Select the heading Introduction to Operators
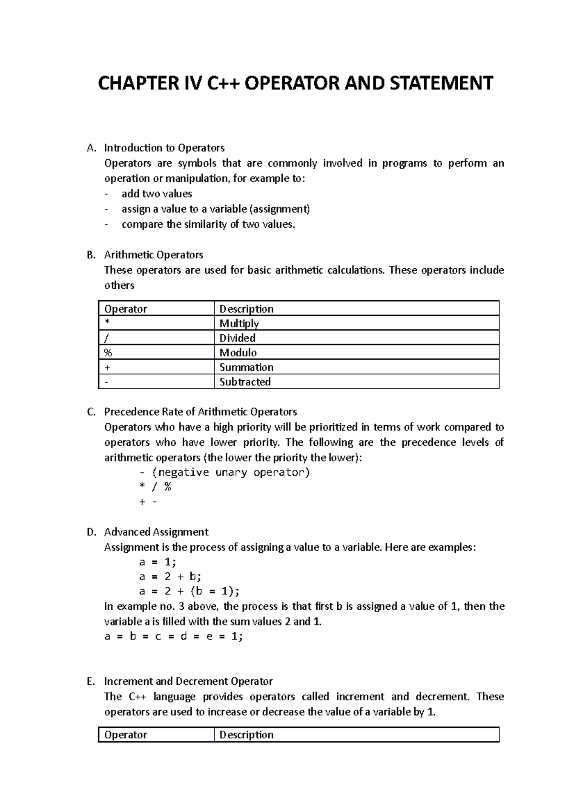(164, 148)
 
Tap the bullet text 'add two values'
(156, 194)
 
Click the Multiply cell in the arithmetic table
(239, 323)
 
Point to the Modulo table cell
(238, 352)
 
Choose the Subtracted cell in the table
(245, 382)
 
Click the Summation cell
(246, 367)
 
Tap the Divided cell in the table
(237, 338)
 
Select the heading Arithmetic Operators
(154, 255)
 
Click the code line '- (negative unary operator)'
(224, 472)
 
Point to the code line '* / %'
(155, 487)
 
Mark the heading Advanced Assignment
(156, 532)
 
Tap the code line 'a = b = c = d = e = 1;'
(174, 636)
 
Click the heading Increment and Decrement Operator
(188, 681)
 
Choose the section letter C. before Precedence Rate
(91, 412)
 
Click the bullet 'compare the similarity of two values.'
(209, 224)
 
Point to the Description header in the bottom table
(246, 735)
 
